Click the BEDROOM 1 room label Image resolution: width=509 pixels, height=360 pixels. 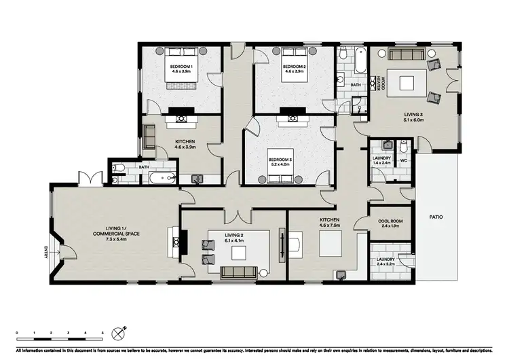coord(181,67)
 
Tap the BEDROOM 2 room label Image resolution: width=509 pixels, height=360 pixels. coord(294,67)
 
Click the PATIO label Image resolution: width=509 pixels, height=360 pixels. coord(436,217)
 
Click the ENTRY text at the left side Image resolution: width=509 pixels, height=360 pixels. coord(46,253)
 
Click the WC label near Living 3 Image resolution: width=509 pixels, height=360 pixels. coord(403,160)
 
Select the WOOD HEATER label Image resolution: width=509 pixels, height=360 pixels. coord(382,84)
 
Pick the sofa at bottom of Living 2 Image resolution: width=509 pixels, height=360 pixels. coord(239,273)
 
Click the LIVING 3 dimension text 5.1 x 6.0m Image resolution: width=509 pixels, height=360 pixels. coord(411,121)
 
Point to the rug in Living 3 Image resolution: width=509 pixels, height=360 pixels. coord(407,83)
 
